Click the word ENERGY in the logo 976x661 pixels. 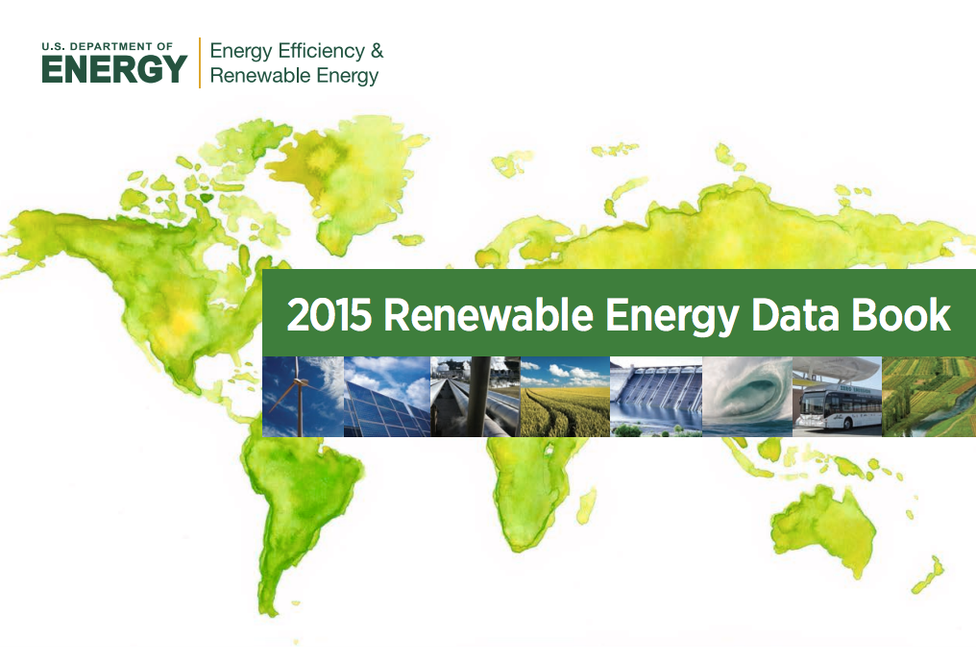click(114, 68)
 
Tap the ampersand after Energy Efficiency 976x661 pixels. click(378, 51)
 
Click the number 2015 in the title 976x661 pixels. click(329, 315)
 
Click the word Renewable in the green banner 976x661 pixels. click(488, 315)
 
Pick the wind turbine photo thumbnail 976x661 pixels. click(304, 397)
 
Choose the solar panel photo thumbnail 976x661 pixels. click(387, 397)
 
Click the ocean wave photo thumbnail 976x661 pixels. click(747, 397)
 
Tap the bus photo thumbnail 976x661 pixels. click(838, 397)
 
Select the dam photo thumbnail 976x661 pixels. click(656, 397)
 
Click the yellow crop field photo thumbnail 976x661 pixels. click(565, 397)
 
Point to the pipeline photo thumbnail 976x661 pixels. click(476, 397)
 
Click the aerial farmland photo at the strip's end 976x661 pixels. click(929, 397)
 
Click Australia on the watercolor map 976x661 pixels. click(821, 529)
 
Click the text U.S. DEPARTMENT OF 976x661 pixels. click(107, 47)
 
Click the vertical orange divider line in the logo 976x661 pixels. click(200, 62)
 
